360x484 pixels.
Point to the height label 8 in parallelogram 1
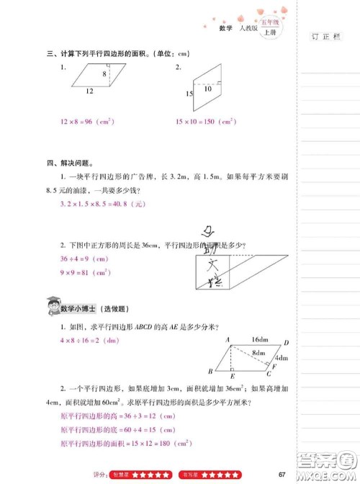(104, 74)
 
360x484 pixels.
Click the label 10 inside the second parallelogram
(207, 89)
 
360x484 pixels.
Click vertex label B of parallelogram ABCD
(210, 371)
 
